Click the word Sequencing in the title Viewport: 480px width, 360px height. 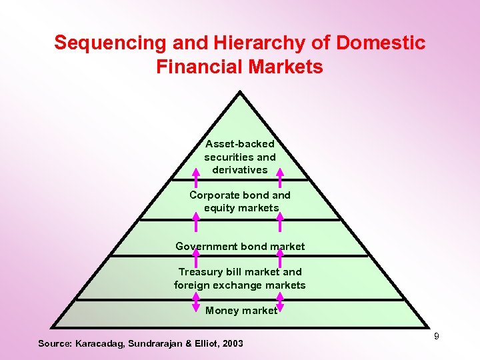click(x=111, y=43)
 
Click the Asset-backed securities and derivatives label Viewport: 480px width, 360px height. click(x=240, y=157)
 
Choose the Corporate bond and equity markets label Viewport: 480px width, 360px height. click(x=240, y=201)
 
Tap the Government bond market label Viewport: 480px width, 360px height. click(x=240, y=247)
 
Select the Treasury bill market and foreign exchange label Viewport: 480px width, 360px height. click(x=240, y=279)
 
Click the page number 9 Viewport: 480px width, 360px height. click(x=437, y=336)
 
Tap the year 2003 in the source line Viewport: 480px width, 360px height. click(x=232, y=343)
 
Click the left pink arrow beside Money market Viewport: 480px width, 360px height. click(x=196, y=303)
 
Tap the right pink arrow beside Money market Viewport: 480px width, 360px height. click(x=280, y=303)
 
